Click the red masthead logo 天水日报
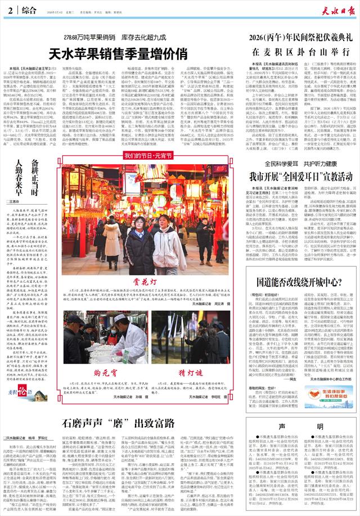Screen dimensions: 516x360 click(x=327, y=12)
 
